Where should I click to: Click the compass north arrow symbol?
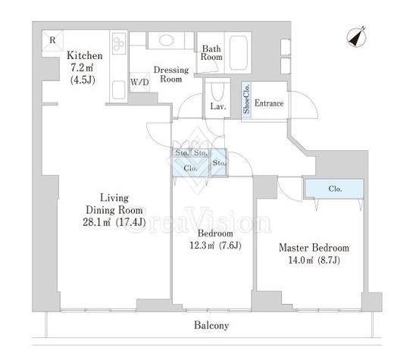356,37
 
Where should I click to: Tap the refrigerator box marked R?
52,41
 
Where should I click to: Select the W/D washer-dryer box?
139,82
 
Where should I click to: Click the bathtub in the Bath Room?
238,52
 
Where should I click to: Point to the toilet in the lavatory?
217,92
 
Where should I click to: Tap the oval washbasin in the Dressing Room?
166,40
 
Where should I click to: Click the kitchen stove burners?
119,43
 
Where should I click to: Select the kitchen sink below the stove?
118,90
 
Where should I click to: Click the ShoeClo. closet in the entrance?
246,99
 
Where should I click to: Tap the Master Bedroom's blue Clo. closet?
334,189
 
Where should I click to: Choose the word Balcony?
211,325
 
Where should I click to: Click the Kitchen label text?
85,55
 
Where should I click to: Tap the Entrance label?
269,103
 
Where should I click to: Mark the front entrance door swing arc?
308,99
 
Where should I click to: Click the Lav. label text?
218,106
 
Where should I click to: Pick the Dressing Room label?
171,74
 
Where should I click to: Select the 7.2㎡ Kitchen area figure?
82,67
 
